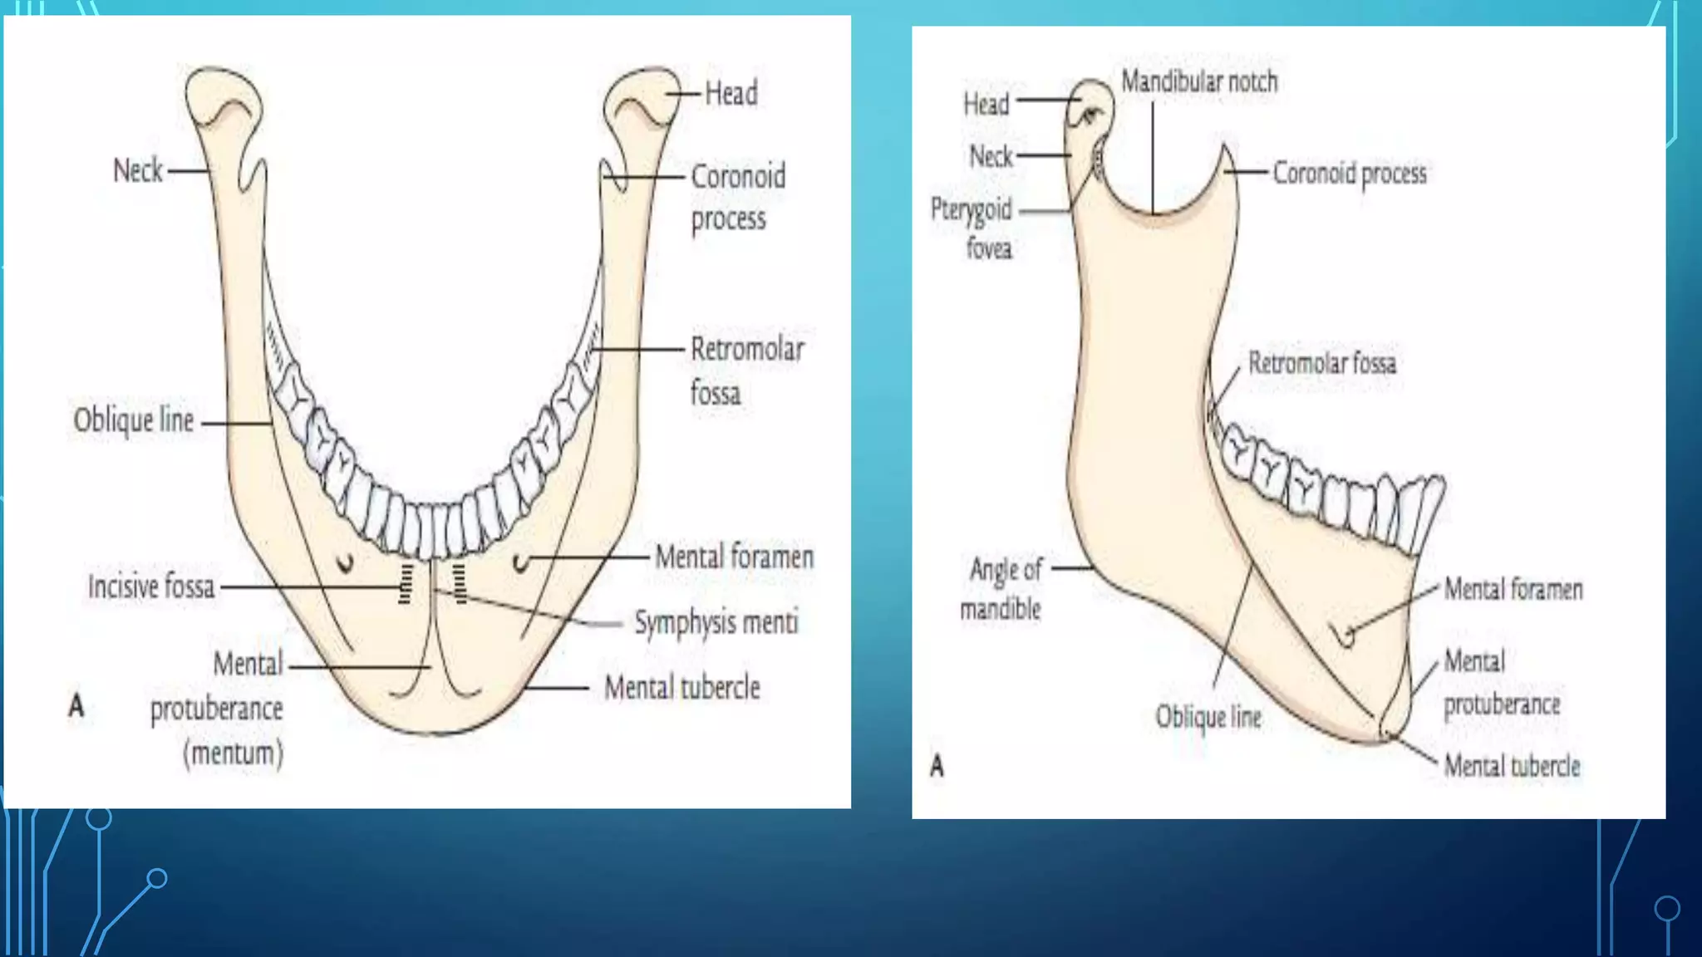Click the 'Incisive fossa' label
[151, 587]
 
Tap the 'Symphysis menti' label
[716, 622]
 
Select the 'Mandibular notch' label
[1199, 81]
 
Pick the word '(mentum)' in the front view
[233, 753]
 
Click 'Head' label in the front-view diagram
[731, 93]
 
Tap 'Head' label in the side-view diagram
[986, 104]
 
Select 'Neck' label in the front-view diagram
[138, 170]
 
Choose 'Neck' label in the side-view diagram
[991, 156]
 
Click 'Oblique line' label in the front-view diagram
[134, 420]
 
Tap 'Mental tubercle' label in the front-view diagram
[681, 688]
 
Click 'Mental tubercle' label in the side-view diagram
[1512, 766]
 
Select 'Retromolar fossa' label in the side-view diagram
[1322, 363]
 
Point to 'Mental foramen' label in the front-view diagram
[734, 557]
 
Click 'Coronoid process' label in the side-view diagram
[1350, 174]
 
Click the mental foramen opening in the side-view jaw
[1346, 636]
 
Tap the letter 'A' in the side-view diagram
[937, 765]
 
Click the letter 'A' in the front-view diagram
[76, 706]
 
